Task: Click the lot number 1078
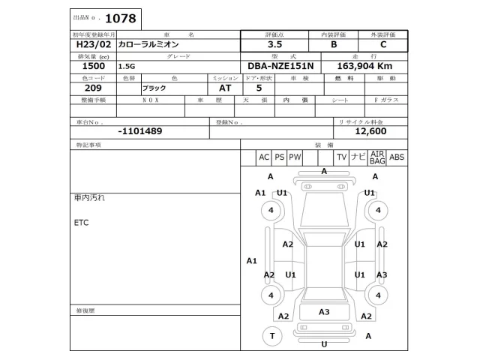[122, 16]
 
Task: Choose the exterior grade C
[383, 45]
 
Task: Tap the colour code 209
[83, 88]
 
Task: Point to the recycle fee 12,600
[370, 130]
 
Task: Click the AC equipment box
[263, 157]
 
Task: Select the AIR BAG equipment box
[377, 157]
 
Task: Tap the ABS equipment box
[397, 157]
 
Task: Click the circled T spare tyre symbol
[271, 337]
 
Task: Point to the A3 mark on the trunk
[324, 312]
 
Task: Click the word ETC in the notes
[82, 223]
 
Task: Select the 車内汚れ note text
[89, 198]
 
